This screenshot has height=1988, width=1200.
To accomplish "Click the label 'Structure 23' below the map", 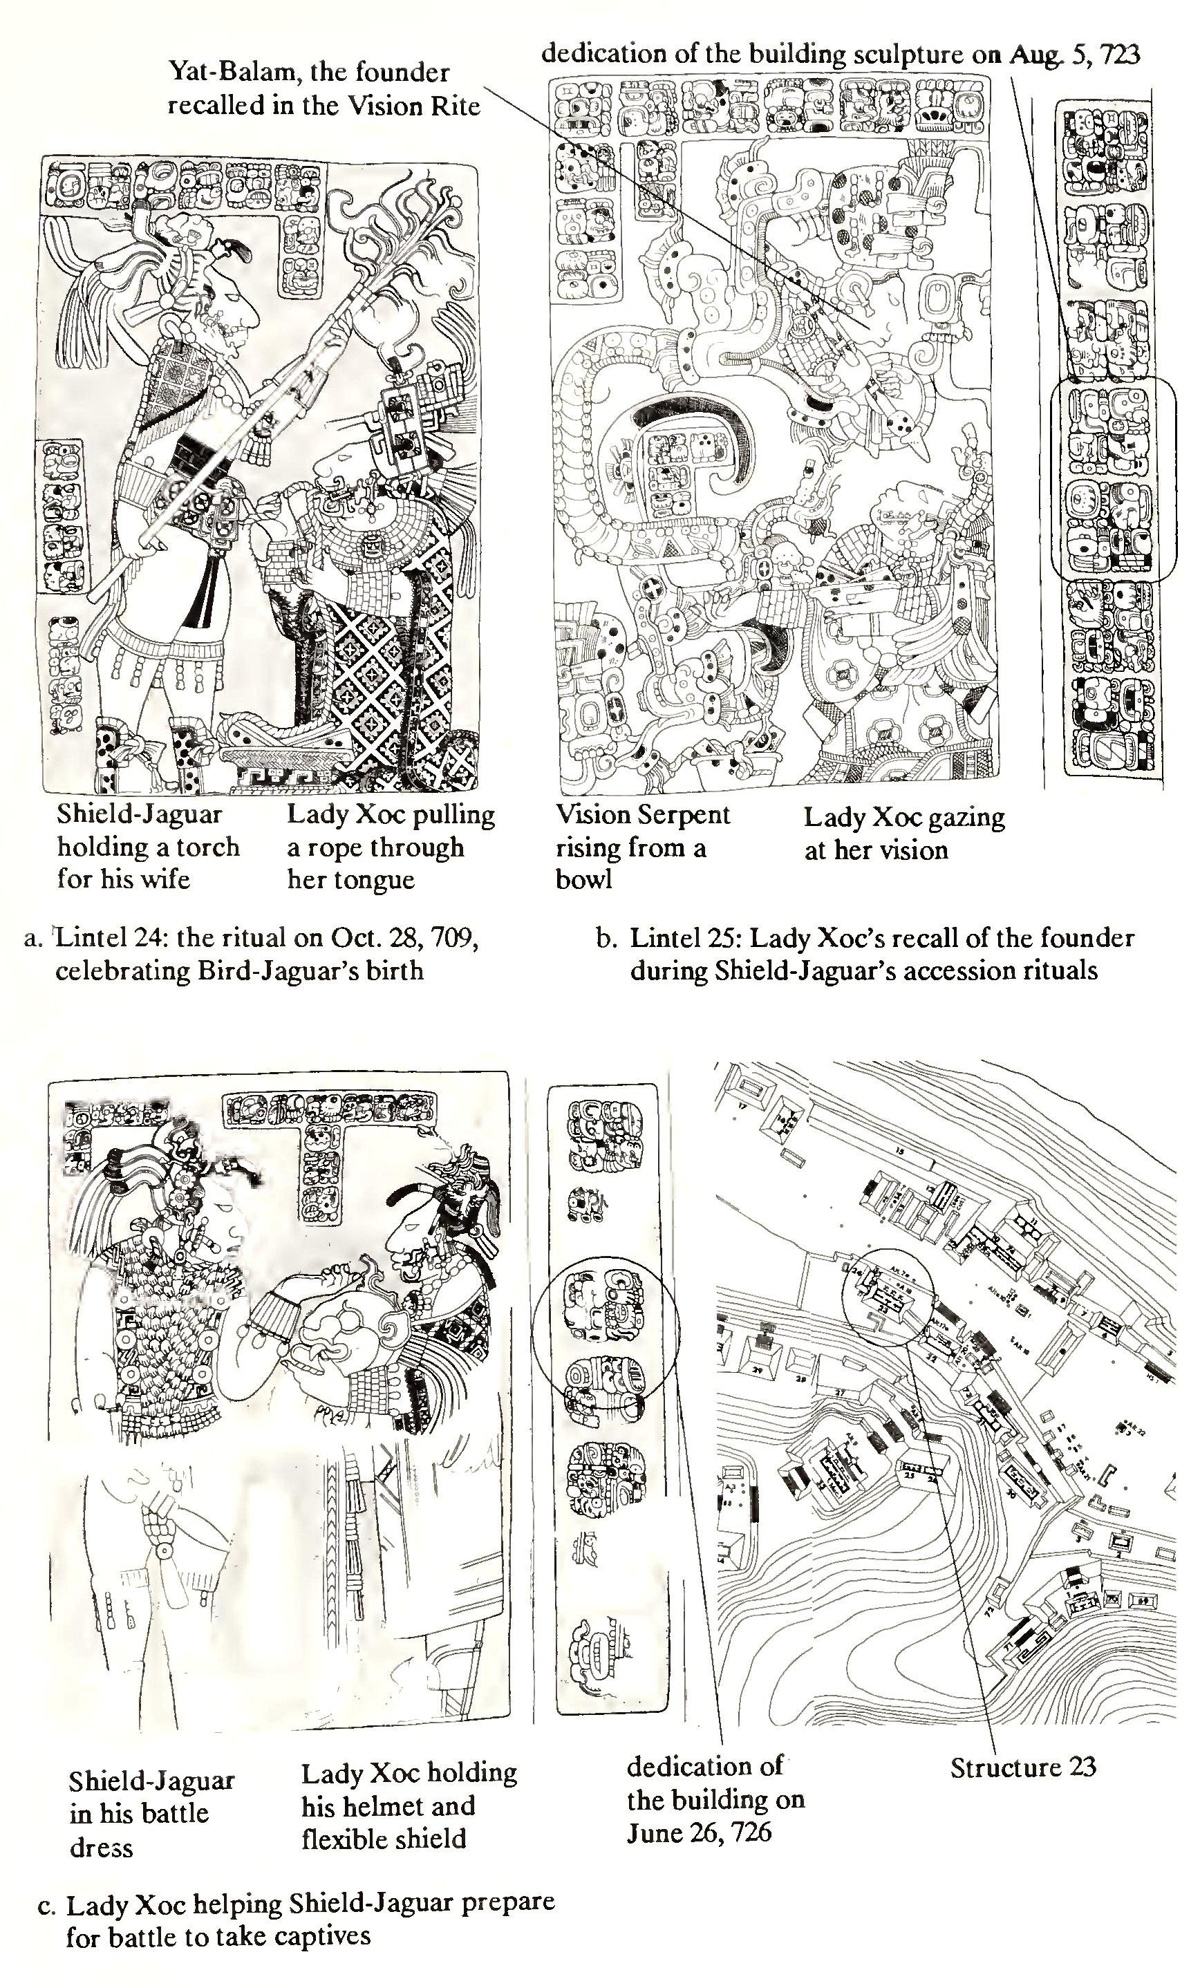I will click(1022, 1767).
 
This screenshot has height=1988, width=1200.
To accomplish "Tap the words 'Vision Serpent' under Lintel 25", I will click(642, 815).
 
